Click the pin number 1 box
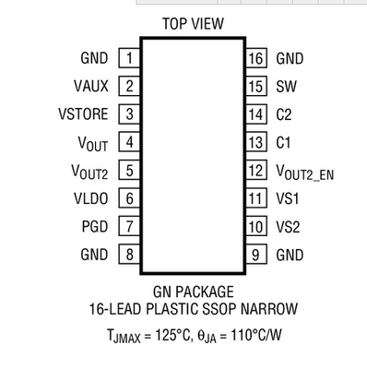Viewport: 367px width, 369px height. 130,59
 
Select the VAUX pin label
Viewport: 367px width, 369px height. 91,87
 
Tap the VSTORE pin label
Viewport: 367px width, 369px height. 84,114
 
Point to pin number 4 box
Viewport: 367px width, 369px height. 130,142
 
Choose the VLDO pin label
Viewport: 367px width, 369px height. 90,198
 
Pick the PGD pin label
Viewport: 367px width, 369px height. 94,226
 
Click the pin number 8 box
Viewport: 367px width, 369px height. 130,254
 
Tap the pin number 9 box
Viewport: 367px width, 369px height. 256,254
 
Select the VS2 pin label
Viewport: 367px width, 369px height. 287,226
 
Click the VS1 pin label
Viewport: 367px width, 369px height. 287,198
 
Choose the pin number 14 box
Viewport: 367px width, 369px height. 256,114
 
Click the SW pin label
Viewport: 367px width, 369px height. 285,87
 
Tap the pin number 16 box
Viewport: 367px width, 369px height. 256,59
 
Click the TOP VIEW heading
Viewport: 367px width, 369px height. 193,24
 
